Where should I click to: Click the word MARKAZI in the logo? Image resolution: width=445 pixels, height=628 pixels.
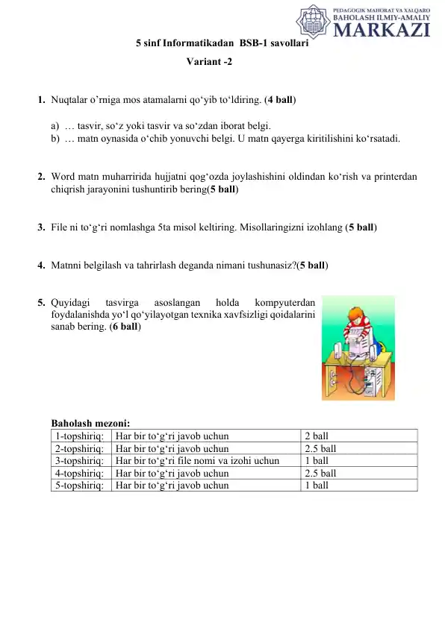pyautogui.click(x=381, y=29)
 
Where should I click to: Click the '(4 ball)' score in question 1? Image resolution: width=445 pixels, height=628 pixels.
pyautogui.click(x=280, y=99)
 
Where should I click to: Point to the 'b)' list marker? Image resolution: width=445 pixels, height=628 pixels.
pyautogui.click(x=55, y=138)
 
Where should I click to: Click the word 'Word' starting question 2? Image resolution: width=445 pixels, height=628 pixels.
pyautogui.click(x=63, y=177)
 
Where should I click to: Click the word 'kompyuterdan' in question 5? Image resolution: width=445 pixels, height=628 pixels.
pyautogui.click(x=284, y=303)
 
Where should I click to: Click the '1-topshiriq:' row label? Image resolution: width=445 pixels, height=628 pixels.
pyautogui.click(x=79, y=436)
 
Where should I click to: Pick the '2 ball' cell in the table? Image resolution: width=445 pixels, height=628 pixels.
pyautogui.click(x=316, y=436)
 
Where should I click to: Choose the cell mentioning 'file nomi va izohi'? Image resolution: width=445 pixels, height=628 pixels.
pyautogui.click(x=197, y=461)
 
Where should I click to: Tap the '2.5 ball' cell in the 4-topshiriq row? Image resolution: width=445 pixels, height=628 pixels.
pyautogui.click(x=320, y=473)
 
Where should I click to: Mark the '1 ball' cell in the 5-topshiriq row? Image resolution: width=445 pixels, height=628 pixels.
pyautogui.click(x=316, y=485)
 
